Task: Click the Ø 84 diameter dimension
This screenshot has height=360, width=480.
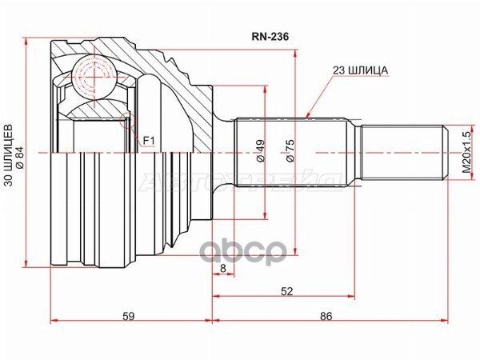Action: (x=19, y=151)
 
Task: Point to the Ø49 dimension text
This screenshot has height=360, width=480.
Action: (x=260, y=151)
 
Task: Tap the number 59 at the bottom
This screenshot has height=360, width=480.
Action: (x=128, y=317)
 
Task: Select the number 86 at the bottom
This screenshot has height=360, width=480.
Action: (x=326, y=317)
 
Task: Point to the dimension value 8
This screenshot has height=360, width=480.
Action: (x=223, y=270)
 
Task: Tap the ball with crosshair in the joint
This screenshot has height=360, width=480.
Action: (x=94, y=77)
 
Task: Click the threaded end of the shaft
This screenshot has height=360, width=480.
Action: (x=400, y=151)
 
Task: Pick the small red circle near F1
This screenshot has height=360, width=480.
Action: (x=125, y=122)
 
